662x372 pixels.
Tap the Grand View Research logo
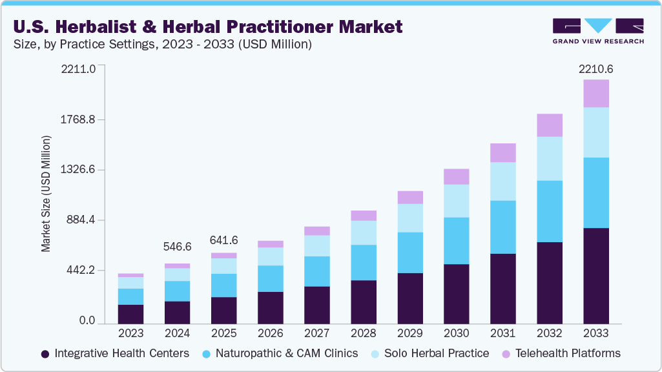pyautogui.click(x=598, y=30)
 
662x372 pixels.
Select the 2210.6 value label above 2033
pyautogui.click(x=595, y=69)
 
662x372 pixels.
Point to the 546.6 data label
pyautogui.click(x=177, y=247)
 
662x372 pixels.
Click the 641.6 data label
pyautogui.click(x=223, y=240)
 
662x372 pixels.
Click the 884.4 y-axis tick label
pyautogui.click(x=81, y=220)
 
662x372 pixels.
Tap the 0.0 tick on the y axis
pyautogui.click(x=87, y=321)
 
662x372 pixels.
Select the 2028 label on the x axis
pyautogui.click(x=363, y=333)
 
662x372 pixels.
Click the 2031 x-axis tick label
pyautogui.click(x=502, y=333)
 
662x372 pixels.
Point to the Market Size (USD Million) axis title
pyautogui.click(x=46, y=194)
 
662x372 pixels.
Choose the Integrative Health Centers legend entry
pyautogui.click(x=115, y=353)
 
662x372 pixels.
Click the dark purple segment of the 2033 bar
pyautogui.click(x=595, y=276)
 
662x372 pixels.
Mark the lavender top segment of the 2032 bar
pyautogui.click(x=549, y=125)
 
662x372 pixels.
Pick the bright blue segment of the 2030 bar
pyautogui.click(x=456, y=241)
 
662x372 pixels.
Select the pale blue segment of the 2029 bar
pyautogui.click(x=409, y=218)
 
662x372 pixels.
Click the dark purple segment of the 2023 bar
pyautogui.click(x=130, y=314)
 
